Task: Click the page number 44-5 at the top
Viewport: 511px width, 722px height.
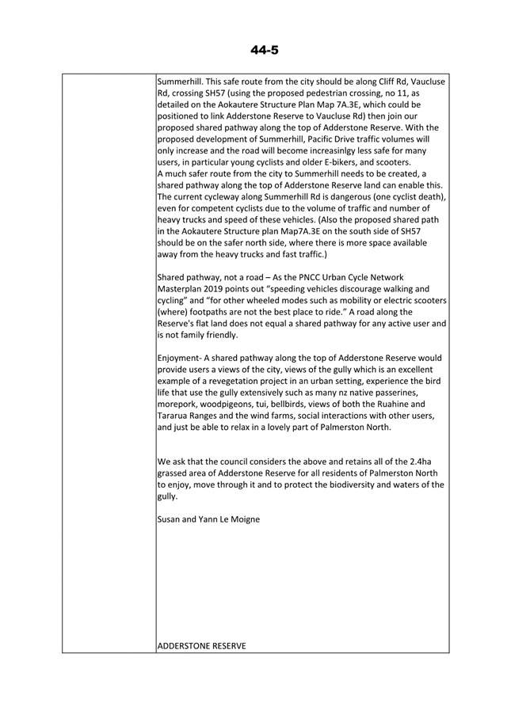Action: [x=264, y=51]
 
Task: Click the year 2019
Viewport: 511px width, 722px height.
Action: [x=224, y=289]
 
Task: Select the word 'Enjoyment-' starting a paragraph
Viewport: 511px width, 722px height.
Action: [x=184, y=358]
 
